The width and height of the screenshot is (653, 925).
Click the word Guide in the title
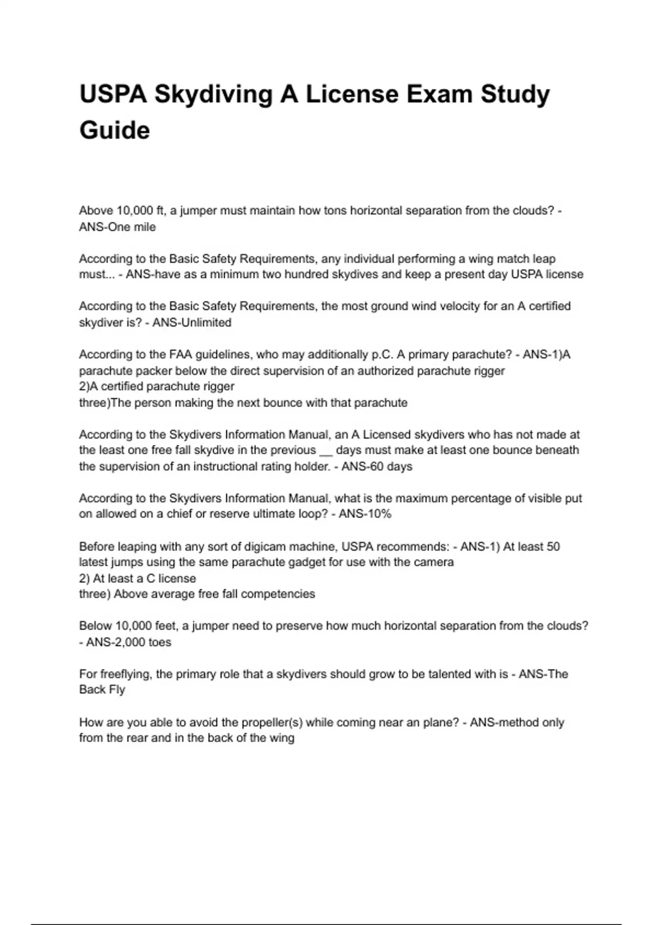coord(114,131)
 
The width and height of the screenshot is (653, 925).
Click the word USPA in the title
coord(113,94)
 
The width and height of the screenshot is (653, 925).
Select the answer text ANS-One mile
coord(118,227)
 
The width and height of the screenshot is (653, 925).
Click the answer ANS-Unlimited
coord(192,322)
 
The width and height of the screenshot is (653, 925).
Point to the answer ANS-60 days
coord(377,466)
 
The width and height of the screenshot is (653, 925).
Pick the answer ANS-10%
coord(365,514)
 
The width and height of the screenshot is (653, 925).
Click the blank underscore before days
coord(325,451)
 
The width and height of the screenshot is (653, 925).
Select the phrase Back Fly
coord(102,689)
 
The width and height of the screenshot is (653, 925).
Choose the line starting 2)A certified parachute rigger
coord(157,386)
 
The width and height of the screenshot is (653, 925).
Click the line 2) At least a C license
coord(137,578)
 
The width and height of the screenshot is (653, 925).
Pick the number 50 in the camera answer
coord(553,546)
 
